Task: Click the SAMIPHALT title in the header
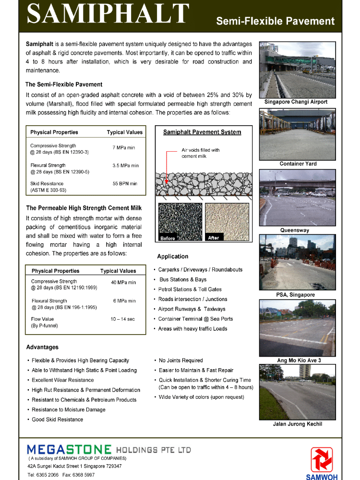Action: [108, 14]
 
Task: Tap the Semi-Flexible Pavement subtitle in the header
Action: [275, 21]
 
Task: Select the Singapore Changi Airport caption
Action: [296, 102]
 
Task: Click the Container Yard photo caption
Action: [298, 164]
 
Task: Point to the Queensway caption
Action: [295, 230]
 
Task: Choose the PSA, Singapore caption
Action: [295, 295]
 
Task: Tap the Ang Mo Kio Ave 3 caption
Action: [299, 360]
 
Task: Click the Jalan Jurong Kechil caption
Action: [298, 424]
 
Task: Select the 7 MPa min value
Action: [124, 148]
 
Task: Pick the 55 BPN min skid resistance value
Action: [125, 183]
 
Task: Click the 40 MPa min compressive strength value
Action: [123, 283]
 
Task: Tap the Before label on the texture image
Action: [168, 238]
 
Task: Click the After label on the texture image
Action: [214, 238]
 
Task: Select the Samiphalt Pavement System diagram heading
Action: [202, 132]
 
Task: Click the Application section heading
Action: [172, 256]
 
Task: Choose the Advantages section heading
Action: [42, 347]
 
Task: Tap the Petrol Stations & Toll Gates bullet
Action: [190, 289]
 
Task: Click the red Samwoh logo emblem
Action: [322, 459]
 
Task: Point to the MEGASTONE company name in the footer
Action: [69, 450]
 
